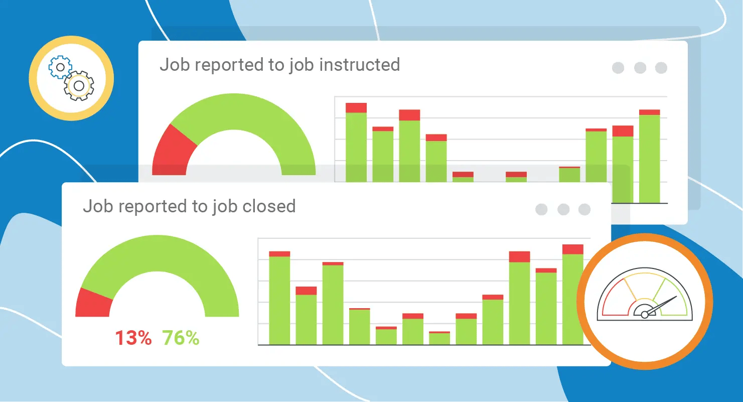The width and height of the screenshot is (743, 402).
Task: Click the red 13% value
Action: (x=133, y=338)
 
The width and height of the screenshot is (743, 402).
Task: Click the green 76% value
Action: (x=181, y=338)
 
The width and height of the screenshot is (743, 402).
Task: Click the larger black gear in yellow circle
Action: (x=79, y=86)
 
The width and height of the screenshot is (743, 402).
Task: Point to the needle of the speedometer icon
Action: (x=662, y=305)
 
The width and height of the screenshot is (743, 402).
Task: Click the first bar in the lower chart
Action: (x=279, y=299)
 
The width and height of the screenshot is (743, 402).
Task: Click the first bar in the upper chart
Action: (x=356, y=146)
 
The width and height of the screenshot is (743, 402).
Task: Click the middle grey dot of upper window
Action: (x=640, y=68)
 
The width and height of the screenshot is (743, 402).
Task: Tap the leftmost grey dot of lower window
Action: (x=541, y=209)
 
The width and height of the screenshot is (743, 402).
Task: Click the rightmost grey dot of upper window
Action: (x=662, y=68)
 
